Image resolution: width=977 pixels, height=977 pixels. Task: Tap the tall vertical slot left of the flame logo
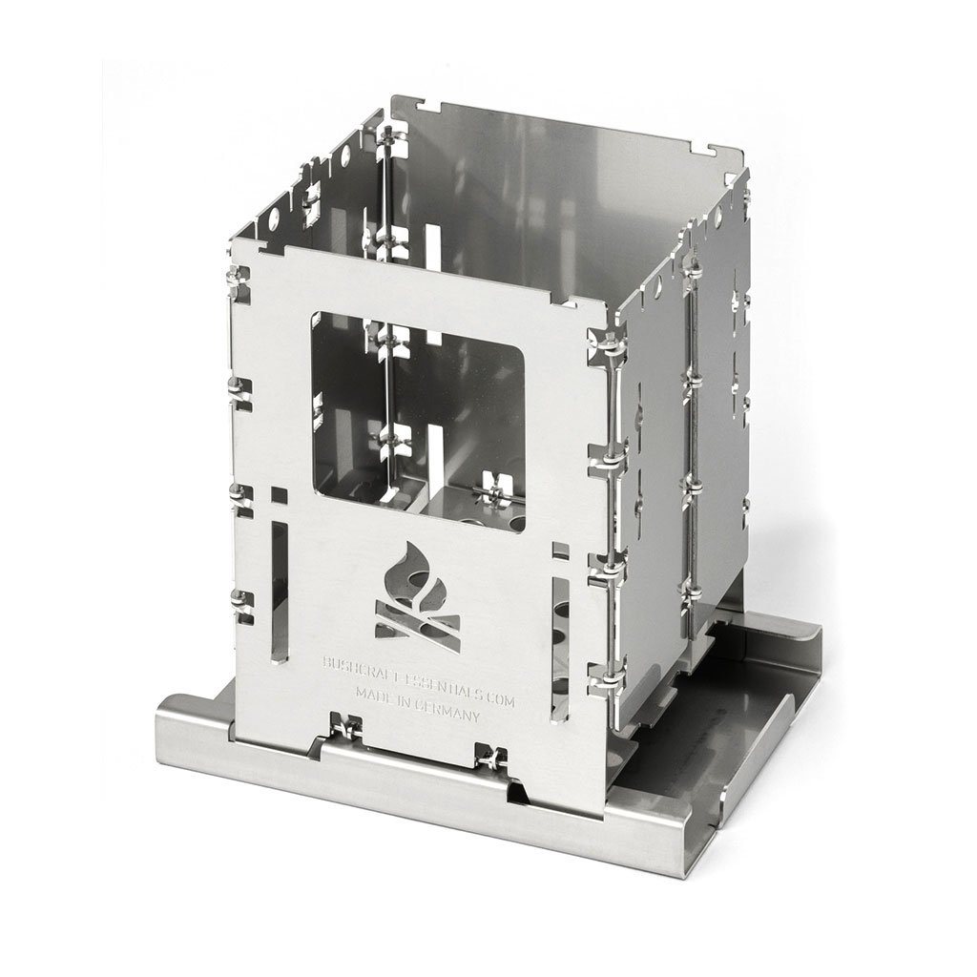[281, 591]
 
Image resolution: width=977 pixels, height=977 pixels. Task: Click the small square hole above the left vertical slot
[280, 495]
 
